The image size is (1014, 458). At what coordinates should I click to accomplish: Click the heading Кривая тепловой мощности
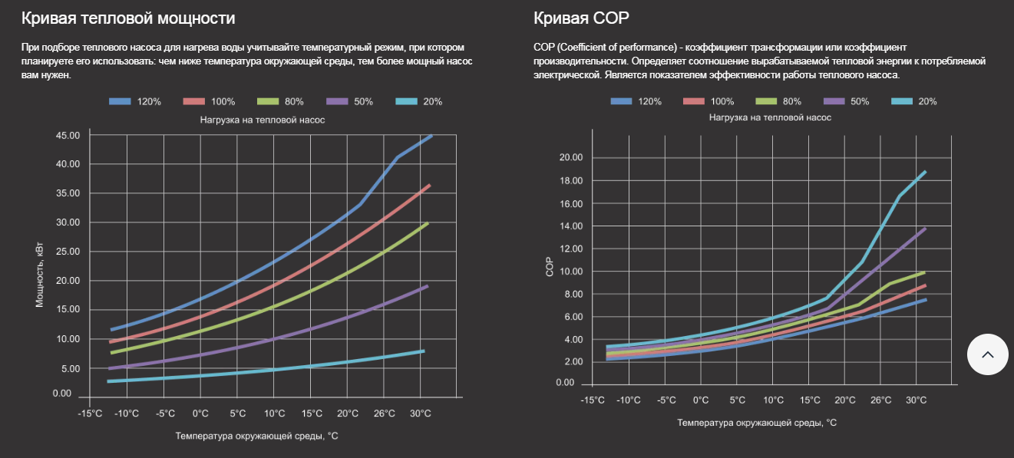(x=128, y=18)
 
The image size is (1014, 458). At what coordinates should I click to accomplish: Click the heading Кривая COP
(x=583, y=18)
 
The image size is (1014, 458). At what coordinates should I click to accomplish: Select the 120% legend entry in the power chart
(x=135, y=101)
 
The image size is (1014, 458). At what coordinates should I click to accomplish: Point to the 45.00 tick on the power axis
(x=68, y=136)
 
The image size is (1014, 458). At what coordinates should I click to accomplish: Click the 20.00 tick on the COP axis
(x=571, y=158)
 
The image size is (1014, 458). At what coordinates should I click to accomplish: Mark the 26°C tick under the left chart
(x=384, y=414)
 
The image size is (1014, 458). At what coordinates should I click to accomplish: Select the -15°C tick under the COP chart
(x=592, y=400)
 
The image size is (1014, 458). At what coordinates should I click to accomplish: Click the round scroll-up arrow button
(x=987, y=354)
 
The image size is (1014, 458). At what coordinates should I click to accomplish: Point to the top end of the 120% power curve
(x=431, y=136)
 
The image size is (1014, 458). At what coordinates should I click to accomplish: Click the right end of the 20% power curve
(x=424, y=351)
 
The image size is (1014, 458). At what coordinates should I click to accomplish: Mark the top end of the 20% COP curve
(x=925, y=172)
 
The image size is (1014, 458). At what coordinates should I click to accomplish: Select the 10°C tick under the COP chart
(x=773, y=400)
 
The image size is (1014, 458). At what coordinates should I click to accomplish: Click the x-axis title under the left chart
(x=256, y=436)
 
